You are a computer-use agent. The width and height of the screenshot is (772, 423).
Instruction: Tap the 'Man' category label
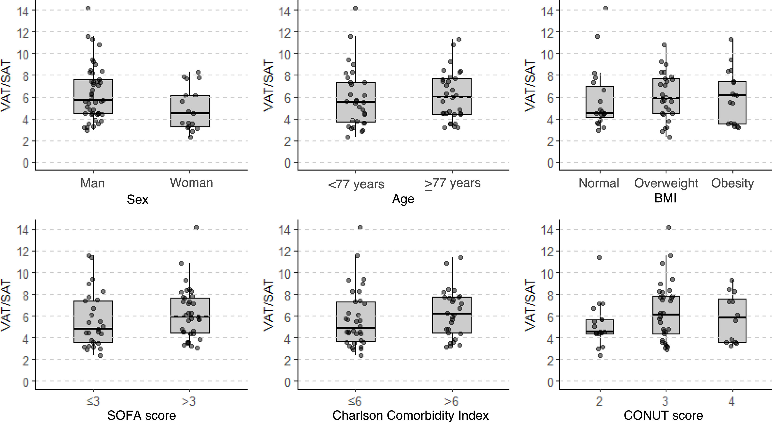pos(93,183)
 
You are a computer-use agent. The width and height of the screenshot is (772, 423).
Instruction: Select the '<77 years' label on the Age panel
pos(356,184)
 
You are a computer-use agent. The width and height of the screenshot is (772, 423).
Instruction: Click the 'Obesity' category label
pos(732,183)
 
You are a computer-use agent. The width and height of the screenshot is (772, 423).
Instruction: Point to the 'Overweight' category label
pos(666,183)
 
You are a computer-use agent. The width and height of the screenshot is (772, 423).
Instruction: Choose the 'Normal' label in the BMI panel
pos(599,183)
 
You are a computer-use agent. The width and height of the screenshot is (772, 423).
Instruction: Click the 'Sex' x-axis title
pos(137,199)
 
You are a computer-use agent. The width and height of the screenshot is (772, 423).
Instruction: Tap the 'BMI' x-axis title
pos(665,198)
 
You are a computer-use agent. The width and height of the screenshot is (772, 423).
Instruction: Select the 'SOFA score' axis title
pos(141,416)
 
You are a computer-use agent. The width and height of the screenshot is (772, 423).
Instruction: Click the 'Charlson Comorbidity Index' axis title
pos(411,416)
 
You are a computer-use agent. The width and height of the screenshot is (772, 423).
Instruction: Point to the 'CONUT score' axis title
pos(663,416)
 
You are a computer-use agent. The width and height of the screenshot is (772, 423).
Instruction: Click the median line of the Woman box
pos(190,113)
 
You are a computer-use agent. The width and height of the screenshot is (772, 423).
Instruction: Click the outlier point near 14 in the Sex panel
pos(88,8)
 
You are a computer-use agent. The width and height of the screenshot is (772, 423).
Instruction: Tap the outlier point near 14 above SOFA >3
pos(196,227)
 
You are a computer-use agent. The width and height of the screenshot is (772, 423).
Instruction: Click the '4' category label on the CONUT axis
pos(732,401)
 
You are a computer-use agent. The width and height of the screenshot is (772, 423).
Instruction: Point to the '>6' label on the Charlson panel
pos(452,401)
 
